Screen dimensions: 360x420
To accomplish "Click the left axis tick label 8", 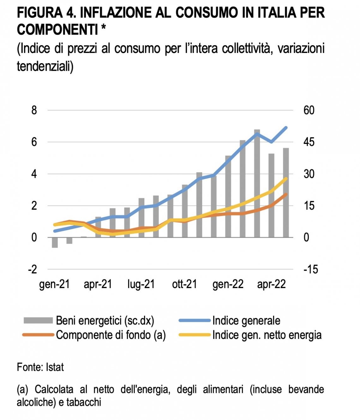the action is tap(34, 110).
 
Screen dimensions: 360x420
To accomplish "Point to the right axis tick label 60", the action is tap(309, 110).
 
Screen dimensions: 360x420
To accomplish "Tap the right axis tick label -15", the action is tap(310, 269).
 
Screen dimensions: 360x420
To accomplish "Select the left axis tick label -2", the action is tap(33, 269).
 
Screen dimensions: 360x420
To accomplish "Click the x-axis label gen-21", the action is tap(55, 284).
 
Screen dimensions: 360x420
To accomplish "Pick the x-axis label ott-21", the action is tap(184, 284).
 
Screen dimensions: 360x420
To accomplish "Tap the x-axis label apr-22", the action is tap(271, 284).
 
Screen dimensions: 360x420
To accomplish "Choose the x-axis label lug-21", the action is tap(141, 284).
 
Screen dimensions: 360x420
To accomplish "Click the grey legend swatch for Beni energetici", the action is tap(38, 320).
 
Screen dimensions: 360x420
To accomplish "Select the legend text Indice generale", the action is tap(246, 321).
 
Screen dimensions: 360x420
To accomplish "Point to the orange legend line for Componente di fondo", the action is tap(38, 335).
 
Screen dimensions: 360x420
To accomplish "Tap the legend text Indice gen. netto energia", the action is tap(267, 335).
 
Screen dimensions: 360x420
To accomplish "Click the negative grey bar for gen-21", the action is tap(55, 243).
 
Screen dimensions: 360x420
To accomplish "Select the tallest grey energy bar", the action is tap(257, 183).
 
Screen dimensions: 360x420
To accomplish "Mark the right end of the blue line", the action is tap(286, 128).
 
